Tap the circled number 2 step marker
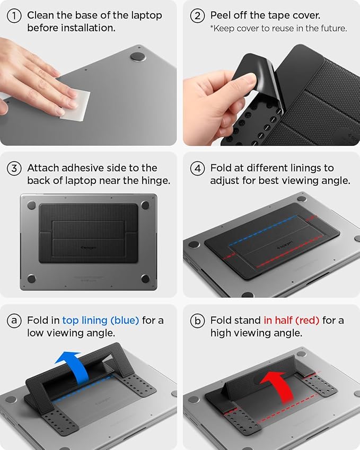pos(198,16)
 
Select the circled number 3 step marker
pos(14,169)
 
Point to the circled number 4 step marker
pos(198,169)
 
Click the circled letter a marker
pos(14,321)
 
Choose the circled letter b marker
pos(198,321)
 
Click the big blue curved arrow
pos(74,368)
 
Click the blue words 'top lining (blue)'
pos(101,320)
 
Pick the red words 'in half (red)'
pos(291,320)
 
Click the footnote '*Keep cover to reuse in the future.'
pos(278,29)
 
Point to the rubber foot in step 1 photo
pos(138,57)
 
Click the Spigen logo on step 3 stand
pos(89,246)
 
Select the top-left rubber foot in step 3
pos(31,205)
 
